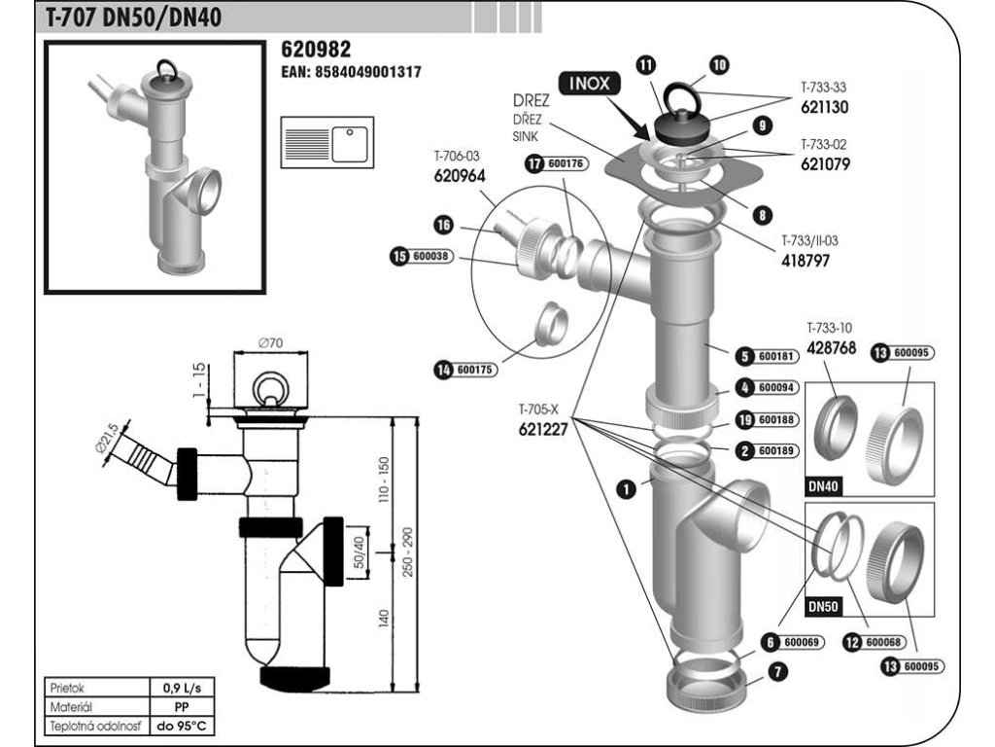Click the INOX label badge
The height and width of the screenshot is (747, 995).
click(x=590, y=84)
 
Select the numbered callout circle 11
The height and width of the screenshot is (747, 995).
click(x=646, y=65)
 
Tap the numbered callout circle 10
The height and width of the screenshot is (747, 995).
click(x=719, y=64)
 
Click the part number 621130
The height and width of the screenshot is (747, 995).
click(x=824, y=107)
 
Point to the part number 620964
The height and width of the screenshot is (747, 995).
click(x=460, y=175)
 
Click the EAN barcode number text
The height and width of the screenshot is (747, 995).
click(x=351, y=72)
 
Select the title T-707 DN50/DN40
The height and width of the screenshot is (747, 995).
click(x=133, y=18)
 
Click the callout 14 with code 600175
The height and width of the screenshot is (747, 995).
click(x=465, y=369)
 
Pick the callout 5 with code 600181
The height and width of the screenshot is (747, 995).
click(x=766, y=356)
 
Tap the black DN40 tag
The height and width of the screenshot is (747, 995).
click(x=823, y=486)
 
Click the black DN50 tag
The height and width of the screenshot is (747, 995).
click(x=823, y=607)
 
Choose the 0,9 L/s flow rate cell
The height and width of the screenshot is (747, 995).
click(x=182, y=688)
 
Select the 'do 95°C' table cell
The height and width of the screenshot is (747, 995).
click(x=182, y=726)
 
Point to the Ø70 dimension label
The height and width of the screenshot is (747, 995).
click(x=271, y=343)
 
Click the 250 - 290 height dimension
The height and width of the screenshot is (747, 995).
click(x=407, y=552)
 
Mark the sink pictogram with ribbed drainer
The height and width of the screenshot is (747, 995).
click(x=327, y=142)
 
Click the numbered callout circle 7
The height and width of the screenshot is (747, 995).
click(x=777, y=671)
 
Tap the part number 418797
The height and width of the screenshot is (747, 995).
click(x=806, y=261)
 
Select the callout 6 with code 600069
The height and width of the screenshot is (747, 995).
click(x=793, y=642)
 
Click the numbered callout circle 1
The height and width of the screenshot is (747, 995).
click(x=627, y=488)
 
